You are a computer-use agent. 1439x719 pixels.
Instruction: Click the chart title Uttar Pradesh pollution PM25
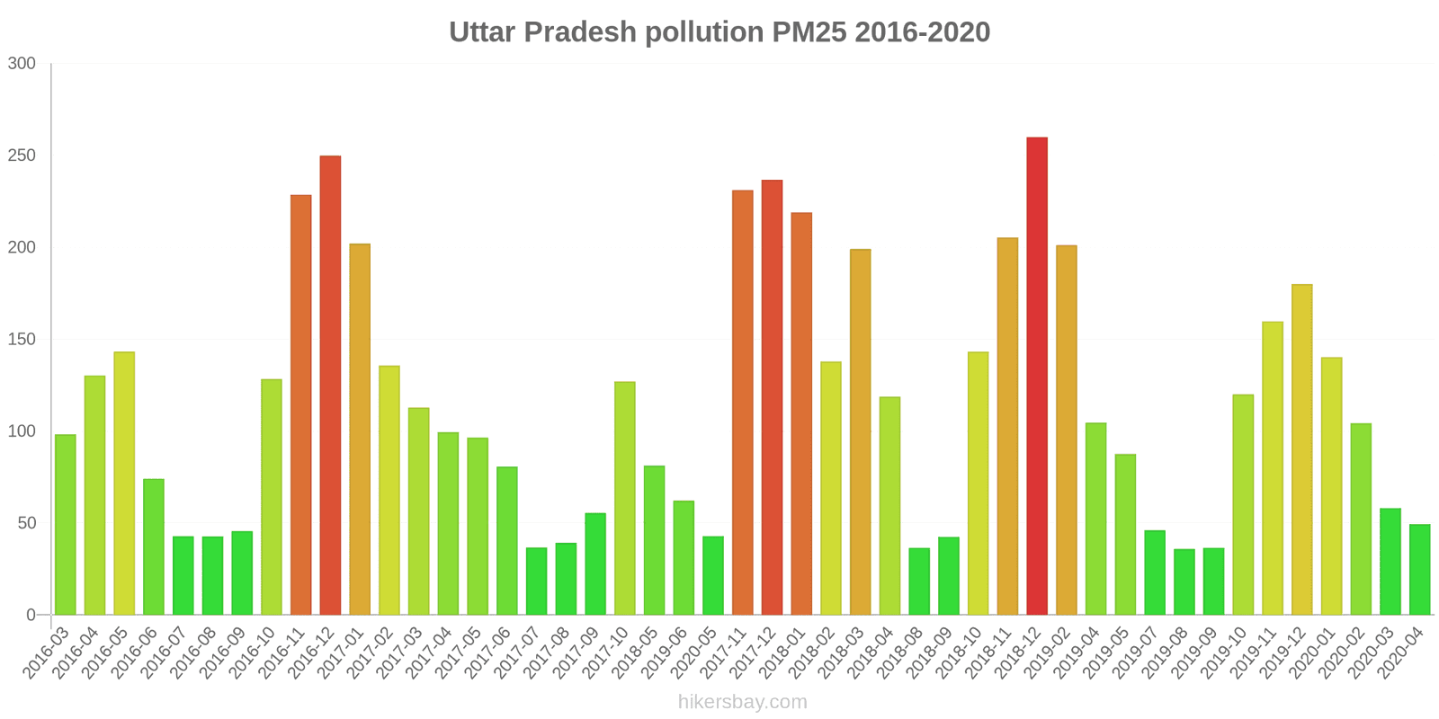pyautogui.click(x=719, y=32)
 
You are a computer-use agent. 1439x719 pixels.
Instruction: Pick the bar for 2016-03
pyautogui.click(x=65, y=525)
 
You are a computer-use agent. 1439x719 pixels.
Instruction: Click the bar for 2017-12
pyautogui.click(x=772, y=397)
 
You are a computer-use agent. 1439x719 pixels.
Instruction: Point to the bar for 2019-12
pyautogui.click(x=1301, y=449)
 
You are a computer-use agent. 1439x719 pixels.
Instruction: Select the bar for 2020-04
pyautogui.click(x=1419, y=570)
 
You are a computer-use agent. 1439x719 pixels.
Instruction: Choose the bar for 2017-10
pyautogui.click(x=624, y=498)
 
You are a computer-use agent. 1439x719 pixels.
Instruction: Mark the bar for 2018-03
pyautogui.click(x=860, y=431)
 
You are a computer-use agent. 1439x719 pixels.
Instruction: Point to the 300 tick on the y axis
pyautogui.click(x=22, y=64)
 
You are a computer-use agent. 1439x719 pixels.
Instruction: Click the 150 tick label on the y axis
pyautogui.click(x=22, y=340)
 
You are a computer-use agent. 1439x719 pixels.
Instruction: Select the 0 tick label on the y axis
pyautogui.click(x=31, y=616)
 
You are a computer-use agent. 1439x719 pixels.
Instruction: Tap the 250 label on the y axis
pyautogui.click(x=22, y=155)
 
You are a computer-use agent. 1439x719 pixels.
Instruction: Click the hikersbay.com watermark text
pyautogui.click(x=742, y=702)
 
